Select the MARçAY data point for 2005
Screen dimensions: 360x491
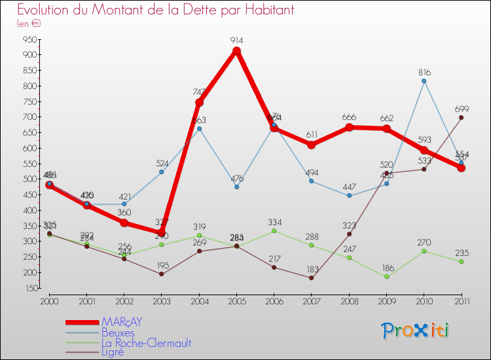click(x=236, y=51)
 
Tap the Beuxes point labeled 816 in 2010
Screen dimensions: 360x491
click(x=424, y=81)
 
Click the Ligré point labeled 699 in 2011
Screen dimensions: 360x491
click(x=461, y=118)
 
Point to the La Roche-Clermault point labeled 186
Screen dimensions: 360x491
click(x=386, y=276)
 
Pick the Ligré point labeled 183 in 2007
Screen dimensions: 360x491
click(x=312, y=278)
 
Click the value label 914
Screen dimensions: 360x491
click(x=236, y=41)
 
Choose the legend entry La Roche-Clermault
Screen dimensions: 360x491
click(x=146, y=342)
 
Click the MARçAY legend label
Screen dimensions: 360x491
click(x=122, y=322)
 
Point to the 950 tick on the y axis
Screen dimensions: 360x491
click(x=28, y=39)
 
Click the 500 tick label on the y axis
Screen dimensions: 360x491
click(x=28, y=179)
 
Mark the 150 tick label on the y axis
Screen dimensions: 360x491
click(x=28, y=288)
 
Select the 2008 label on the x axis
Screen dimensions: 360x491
click(x=349, y=300)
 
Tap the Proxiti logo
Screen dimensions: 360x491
click(x=416, y=331)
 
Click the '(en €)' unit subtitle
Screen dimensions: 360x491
click(x=29, y=23)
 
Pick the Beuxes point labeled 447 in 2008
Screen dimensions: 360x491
click(x=349, y=195)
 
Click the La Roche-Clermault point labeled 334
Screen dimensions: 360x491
click(x=274, y=230)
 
